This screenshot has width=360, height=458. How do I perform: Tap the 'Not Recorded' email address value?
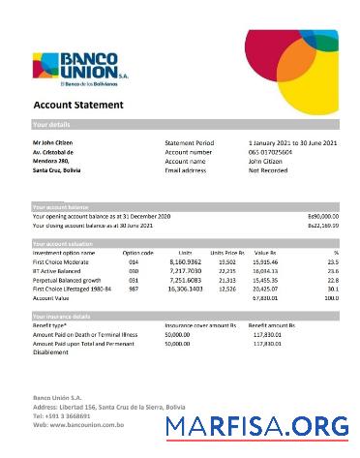pos(268,170)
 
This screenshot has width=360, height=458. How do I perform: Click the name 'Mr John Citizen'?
pos(53,143)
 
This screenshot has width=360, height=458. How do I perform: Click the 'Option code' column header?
pos(138,253)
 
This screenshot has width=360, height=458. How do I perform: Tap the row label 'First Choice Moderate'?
pos(61,261)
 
